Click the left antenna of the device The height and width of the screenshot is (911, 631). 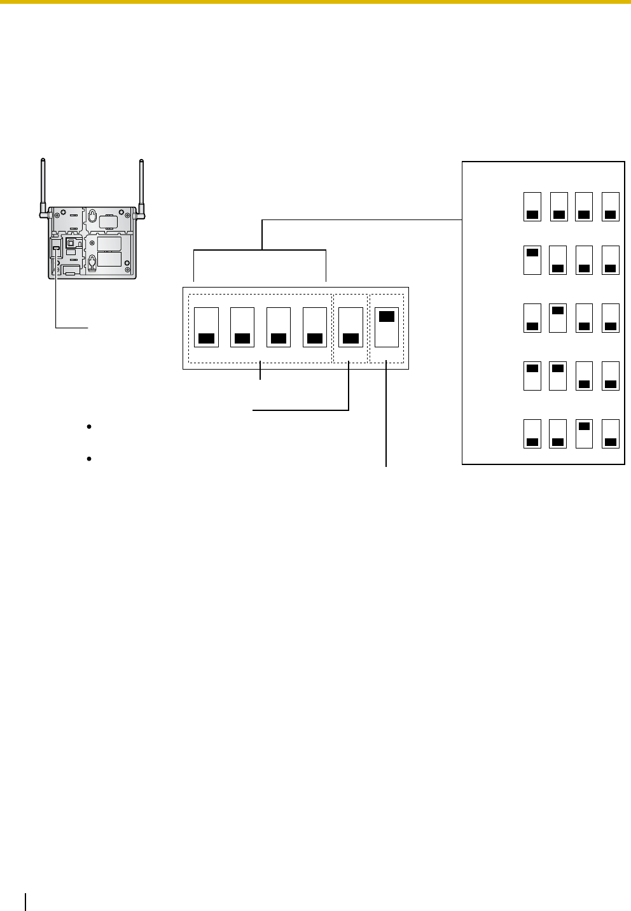(42, 184)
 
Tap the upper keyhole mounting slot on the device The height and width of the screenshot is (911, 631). (92, 218)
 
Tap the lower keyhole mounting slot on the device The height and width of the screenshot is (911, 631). (92, 261)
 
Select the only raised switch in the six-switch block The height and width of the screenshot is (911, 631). (387, 327)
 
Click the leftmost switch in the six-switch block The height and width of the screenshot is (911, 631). (205, 327)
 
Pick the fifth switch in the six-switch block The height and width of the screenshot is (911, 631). (350, 327)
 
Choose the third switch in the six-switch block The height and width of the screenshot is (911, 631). (278, 327)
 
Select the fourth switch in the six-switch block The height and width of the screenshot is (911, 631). (314, 327)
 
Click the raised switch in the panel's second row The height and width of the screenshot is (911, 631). (532, 260)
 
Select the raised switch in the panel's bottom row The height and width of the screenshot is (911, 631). (584, 433)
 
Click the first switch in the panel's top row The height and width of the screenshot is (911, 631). (532, 206)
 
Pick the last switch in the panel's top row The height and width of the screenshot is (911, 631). (611, 206)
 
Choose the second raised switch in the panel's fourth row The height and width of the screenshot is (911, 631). (558, 375)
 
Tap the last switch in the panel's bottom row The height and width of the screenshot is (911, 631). (611, 433)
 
